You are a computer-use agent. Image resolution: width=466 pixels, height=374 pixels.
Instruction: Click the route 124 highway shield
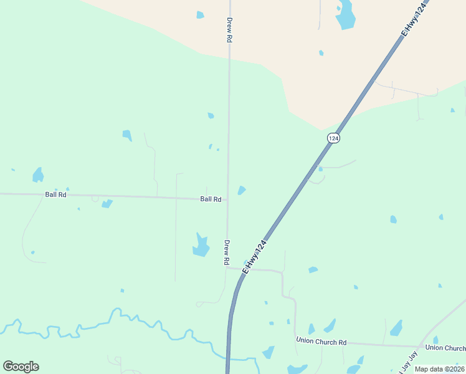tap(334, 138)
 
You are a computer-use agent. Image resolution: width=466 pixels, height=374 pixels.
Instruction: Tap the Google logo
tap(21, 367)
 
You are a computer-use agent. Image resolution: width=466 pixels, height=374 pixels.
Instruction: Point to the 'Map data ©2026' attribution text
tap(440, 369)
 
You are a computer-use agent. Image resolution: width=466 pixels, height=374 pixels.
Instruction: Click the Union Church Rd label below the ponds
tap(321, 342)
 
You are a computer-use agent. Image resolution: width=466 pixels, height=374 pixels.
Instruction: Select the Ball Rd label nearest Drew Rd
tap(211, 199)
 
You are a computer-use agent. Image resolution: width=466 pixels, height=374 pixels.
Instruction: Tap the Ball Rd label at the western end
tap(55, 194)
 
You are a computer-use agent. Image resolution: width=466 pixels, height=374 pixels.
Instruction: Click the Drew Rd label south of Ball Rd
tap(227, 253)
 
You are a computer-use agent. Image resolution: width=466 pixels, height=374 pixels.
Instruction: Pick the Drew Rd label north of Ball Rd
tap(229, 30)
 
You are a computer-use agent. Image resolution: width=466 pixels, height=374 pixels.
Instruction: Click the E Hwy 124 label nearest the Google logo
tap(255, 257)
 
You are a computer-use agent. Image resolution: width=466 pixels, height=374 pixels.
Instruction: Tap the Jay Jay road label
tap(406, 362)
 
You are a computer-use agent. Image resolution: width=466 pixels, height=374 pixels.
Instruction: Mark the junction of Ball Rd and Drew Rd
tap(227, 200)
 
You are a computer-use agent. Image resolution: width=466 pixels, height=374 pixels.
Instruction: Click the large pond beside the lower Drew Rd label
tap(201, 246)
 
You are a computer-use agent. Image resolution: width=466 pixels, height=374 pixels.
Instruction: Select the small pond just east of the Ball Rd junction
tap(241, 190)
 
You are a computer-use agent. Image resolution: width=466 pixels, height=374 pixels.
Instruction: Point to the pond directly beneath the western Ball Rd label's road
tap(107, 204)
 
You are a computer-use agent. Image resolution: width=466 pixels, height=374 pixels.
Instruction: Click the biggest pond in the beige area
tap(345, 15)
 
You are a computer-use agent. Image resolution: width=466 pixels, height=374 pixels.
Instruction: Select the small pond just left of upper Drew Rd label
tap(200, 14)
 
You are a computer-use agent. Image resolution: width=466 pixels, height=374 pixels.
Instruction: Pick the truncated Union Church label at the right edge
tap(445, 348)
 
